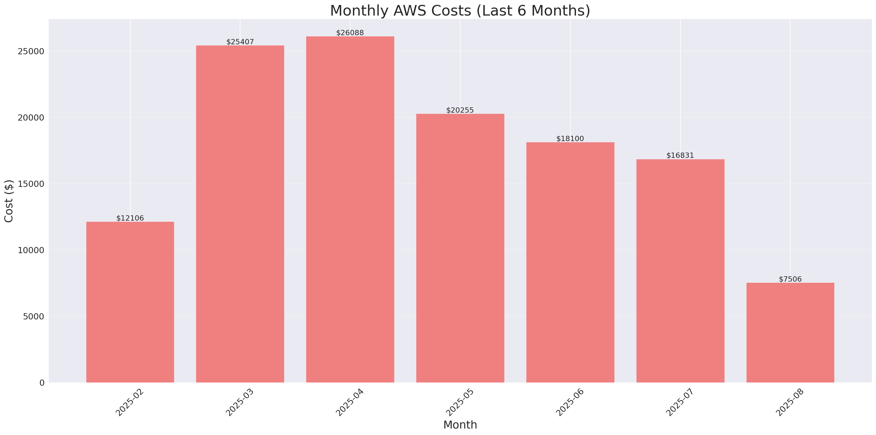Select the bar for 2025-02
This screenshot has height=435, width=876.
tap(130, 302)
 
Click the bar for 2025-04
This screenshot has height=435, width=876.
tap(350, 209)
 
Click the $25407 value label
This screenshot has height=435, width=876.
tap(240, 42)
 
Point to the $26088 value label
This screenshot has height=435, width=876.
tap(350, 33)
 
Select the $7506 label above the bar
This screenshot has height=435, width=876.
tap(790, 279)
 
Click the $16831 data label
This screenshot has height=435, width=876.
tap(680, 155)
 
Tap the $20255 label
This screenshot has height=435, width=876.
tap(460, 110)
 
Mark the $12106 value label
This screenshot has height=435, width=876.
tap(130, 218)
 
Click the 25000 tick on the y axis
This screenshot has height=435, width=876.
tap(31, 51)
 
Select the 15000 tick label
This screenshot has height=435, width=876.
tap(31, 184)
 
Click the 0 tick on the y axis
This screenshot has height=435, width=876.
tap(42, 383)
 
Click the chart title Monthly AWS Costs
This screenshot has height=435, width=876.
tap(460, 11)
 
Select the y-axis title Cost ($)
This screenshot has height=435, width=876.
tap(9, 201)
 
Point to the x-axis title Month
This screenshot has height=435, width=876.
tap(460, 425)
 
